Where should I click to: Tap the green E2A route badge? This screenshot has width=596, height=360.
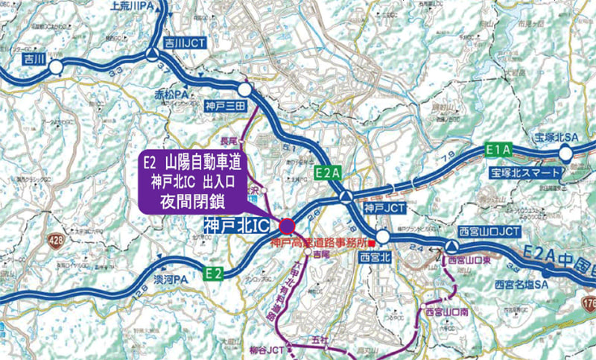coord(328,173)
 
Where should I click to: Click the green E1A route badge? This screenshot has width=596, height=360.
coord(498,149)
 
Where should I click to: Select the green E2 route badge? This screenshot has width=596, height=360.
coord(215,273)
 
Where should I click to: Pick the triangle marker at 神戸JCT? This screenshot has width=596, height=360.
coord(346,197)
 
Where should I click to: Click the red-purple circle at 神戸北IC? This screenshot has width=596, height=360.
coord(286,226)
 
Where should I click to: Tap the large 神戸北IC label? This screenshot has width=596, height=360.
coord(238,224)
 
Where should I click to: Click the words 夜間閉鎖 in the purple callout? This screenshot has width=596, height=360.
coord(195,200)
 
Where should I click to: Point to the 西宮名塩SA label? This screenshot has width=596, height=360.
coord(521,284)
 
